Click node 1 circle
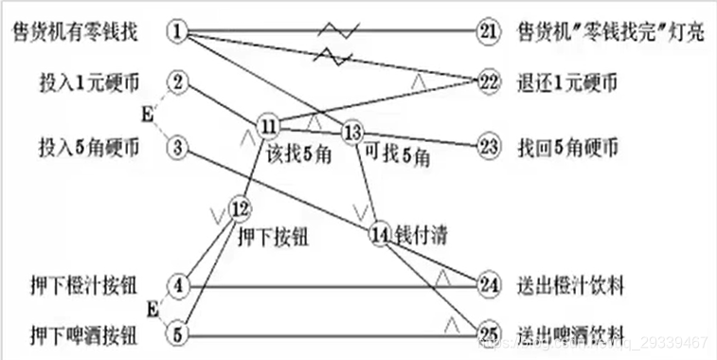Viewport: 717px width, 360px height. point(178,32)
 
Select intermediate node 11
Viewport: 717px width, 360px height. point(268,125)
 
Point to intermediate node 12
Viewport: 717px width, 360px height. point(240,207)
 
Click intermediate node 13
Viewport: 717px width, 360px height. point(352,132)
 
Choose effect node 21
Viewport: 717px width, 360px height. point(488,32)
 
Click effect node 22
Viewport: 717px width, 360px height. point(488,81)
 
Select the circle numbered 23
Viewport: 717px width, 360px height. point(488,147)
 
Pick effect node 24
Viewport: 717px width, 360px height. point(488,284)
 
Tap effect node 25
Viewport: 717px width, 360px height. point(488,333)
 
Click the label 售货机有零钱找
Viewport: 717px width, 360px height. point(75,33)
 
